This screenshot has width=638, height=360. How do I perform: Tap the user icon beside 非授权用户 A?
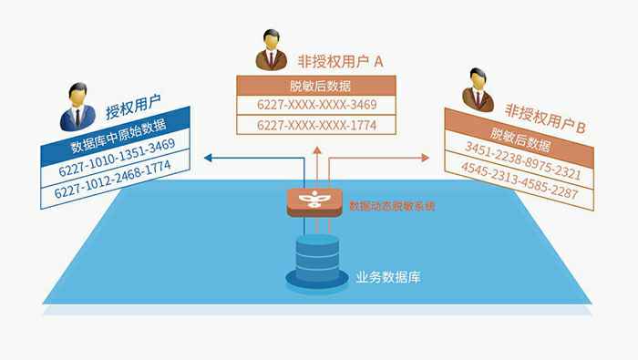(x=272, y=49)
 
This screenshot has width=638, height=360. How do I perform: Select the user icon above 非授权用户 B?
(x=478, y=90)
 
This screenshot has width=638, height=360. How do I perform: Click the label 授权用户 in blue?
(x=133, y=107)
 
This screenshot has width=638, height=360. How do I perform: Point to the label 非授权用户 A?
(x=341, y=61)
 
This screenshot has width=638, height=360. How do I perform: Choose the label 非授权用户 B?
(x=545, y=118)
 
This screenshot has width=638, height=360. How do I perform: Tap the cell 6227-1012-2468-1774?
(x=113, y=179)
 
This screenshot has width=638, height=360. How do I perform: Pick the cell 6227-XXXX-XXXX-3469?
(x=316, y=105)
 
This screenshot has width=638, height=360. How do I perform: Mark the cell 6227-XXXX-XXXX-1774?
(x=316, y=125)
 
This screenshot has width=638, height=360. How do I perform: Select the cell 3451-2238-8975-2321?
(x=523, y=160)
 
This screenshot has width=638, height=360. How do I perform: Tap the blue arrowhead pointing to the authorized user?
(x=208, y=158)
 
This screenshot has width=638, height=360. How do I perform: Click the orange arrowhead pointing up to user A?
(x=317, y=150)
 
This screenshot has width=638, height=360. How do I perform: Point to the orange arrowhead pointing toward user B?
(x=426, y=158)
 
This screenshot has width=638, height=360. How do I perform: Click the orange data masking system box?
(x=314, y=201)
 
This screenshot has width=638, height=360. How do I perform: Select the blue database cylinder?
(x=317, y=262)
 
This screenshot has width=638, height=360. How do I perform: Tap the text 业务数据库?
(x=388, y=277)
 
